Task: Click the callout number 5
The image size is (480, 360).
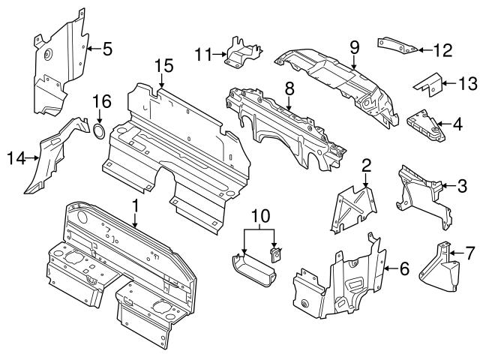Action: (107, 50)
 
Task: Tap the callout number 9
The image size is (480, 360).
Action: (354, 47)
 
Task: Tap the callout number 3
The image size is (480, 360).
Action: (462, 184)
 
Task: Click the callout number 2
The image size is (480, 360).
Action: (366, 165)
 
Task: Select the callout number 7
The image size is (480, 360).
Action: (470, 253)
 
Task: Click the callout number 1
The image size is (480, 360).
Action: (135, 204)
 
